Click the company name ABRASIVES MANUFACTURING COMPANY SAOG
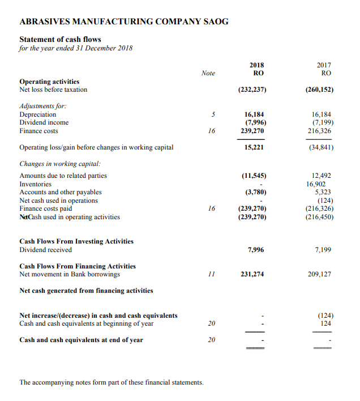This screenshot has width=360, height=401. [x=124, y=22]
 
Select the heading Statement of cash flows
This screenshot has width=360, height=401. [x=61, y=39]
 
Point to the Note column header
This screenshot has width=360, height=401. [x=208, y=73]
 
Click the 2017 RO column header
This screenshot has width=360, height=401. [x=325, y=69]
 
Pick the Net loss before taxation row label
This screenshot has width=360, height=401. [x=54, y=89]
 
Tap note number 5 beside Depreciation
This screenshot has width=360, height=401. [x=212, y=114]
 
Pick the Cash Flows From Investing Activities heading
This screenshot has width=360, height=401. [x=76, y=241]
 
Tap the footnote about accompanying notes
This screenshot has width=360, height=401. [x=112, y=382]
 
